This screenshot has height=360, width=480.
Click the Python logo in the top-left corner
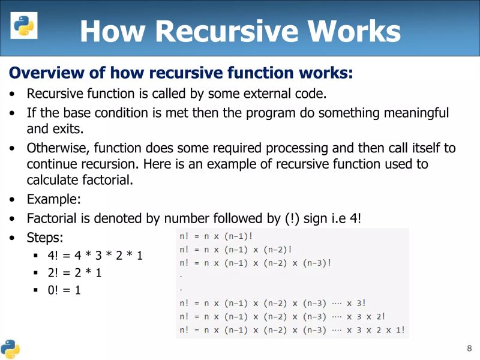(x=24, y=25)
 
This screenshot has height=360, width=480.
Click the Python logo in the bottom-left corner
(x=10, y=348)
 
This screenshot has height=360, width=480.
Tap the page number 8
(x=469, y=349)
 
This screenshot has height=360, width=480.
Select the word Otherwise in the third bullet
(x=55, y=148)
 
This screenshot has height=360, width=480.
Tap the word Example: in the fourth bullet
(x=53, y=199)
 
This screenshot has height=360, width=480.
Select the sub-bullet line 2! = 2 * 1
(x=74, y=273)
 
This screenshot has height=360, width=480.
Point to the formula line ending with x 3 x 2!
(x=283, y=317)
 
